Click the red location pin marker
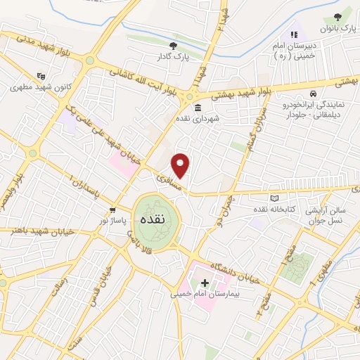tap(181, 165)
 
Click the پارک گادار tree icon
tap(174, 45)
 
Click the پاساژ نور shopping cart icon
tap(112, 210)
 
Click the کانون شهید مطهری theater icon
tap(41, 76)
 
